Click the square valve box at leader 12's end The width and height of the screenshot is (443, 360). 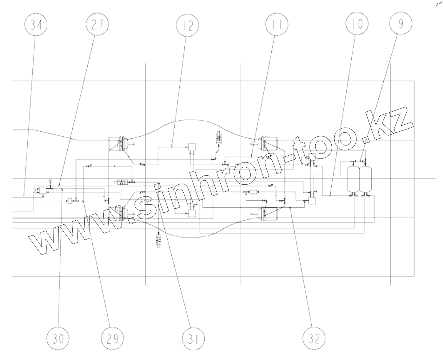pos(192,147)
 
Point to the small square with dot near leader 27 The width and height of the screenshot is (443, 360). pos(51,180)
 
